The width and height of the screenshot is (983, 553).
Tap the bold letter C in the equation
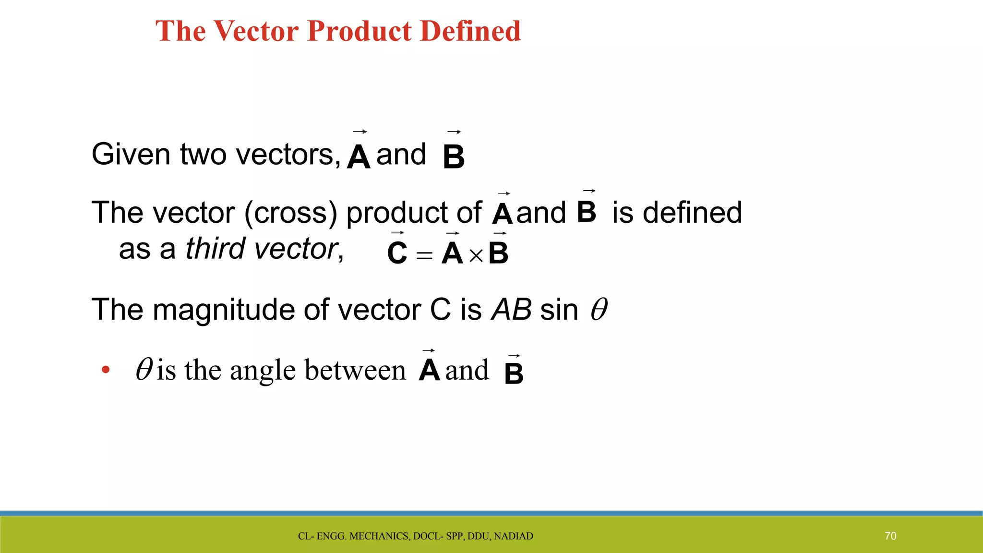[x=397, y=253]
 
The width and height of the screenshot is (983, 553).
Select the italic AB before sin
[x=512, y=310]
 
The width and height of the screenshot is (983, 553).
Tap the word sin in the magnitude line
[x=559, y=310]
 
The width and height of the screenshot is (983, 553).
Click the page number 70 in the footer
[x=890, y=536]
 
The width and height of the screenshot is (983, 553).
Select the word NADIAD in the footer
[x=513, y=536]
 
